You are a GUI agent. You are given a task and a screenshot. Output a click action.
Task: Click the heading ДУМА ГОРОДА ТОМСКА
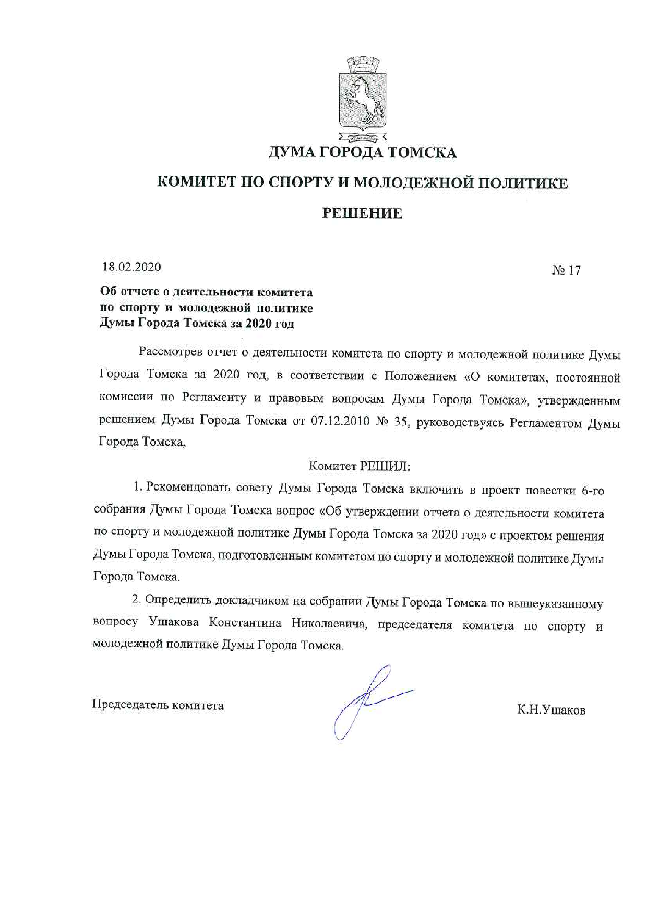tap(362, 152)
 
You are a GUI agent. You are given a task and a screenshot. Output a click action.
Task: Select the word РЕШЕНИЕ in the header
tap(362, 213)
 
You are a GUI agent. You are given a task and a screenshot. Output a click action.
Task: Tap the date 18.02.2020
tap(131, 267)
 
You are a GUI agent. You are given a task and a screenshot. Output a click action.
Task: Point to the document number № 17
tap(566, 270)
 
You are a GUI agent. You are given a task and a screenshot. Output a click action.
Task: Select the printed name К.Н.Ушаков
tap(551, 710)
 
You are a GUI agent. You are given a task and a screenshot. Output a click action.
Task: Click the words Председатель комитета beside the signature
tap(158, 705)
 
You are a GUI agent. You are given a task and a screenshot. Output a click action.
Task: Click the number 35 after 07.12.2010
tap(400, 422)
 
